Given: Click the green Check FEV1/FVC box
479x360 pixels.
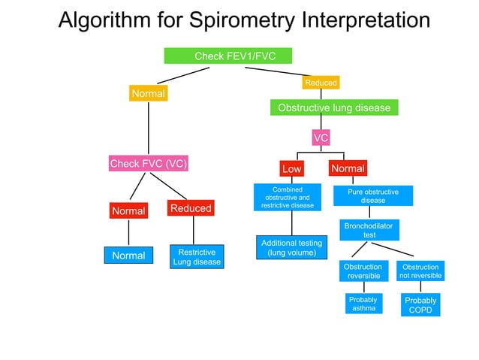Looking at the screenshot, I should coord(228,56).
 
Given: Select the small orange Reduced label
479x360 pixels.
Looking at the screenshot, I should coord(321,82).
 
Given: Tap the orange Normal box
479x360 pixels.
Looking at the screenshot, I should coord(149,94).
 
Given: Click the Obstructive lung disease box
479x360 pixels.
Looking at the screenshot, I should coord(334,108).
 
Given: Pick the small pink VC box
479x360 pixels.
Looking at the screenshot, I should coord(321,138).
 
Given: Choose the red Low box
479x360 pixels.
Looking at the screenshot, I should coord(291,169).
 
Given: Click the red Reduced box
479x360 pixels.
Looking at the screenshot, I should coord(191,207).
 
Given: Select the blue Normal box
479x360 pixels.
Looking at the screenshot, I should coord(128,256).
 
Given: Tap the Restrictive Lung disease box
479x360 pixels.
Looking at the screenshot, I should coord(197,256).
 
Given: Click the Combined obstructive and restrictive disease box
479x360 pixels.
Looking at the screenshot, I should coord(288,198).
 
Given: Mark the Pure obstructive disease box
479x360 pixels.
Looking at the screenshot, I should coord(373,196).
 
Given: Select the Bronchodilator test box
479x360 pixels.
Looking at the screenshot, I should coord(369,230).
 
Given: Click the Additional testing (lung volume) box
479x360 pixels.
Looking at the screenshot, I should coord(291,248).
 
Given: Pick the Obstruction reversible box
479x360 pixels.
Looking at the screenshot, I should coord(363,271).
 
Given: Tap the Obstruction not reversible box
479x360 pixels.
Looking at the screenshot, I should coord(420,271).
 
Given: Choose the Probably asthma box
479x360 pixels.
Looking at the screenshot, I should coord(363,304).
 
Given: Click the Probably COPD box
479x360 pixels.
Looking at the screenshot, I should coord(420,305).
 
